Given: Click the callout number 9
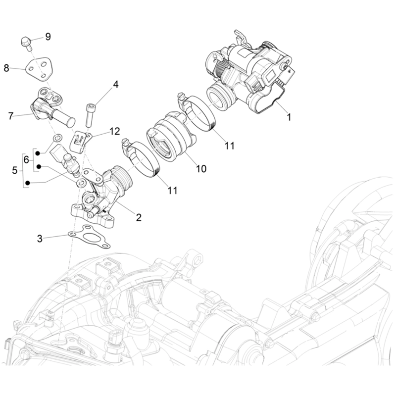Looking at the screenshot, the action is [x=48, y=37].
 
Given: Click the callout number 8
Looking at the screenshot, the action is [x=6, y=68].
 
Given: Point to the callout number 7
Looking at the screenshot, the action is [x=10, y=116].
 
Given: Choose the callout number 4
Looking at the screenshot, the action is [x=115, y=85].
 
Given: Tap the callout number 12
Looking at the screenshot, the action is [x=114, y=131].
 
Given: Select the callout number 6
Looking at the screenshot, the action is [x=26, y=159].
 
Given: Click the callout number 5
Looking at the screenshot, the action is [x=15, y=170].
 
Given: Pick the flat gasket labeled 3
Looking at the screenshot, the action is [x=89, y=237].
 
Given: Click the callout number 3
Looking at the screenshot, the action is [x=40, y=239].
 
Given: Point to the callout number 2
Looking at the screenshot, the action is [x=139, y=217].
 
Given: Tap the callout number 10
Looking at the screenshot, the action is [x=201, y=169].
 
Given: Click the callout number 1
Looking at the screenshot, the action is [x=289, y=117].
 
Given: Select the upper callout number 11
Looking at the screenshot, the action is [x=229, y=146].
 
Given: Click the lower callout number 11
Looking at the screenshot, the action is [x=172, y=190].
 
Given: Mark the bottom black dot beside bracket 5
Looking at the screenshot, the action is [x=27, y=183].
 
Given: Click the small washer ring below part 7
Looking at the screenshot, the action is [x=58, y=138].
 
